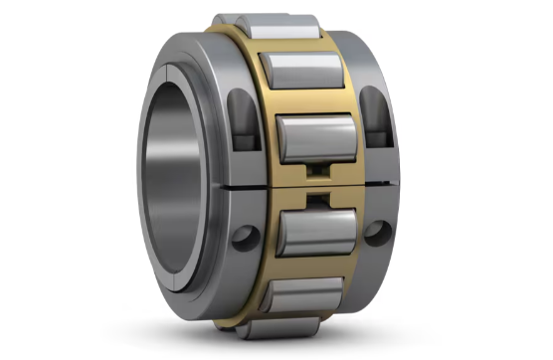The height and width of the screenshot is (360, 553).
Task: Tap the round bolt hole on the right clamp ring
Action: (375, 231)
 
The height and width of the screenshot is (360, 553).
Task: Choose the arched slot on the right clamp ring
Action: (374, 111)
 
